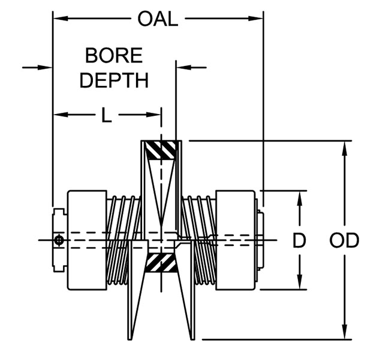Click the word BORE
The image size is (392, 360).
(114, 56)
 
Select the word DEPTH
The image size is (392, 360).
(114, 80)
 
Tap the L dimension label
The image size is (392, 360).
(106, 115)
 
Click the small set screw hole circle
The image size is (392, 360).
(59, 241)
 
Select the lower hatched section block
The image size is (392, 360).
(161, 262)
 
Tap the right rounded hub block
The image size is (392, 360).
(235, 240)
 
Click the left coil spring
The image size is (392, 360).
(123, 240)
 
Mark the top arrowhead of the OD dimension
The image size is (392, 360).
(344, 147)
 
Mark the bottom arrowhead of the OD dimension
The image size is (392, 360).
(344, 334)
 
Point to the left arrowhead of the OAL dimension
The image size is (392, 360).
(59, 19)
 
